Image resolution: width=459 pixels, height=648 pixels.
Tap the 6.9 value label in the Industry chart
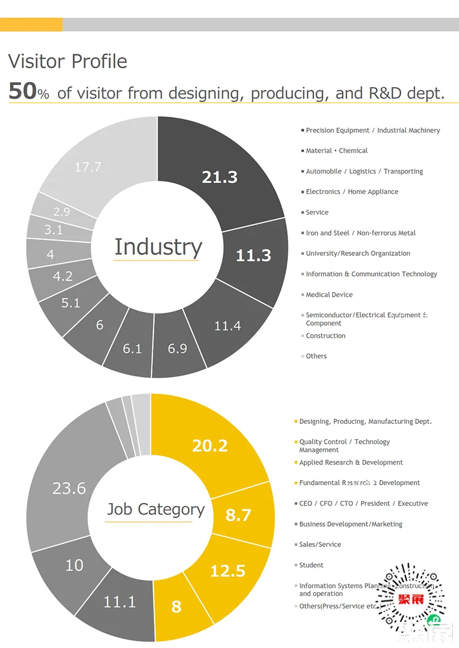click(x=177, y=348)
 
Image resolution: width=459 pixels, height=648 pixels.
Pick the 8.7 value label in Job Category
click(x=239, y=515)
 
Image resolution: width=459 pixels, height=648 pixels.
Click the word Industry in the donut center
click(x=158, y=247)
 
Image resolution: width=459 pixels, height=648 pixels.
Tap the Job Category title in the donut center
click(x=156, y=510)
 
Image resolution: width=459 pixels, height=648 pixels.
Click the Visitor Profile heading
click(x=68, y=61)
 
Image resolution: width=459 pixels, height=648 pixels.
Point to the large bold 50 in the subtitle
click(x=23, y=91)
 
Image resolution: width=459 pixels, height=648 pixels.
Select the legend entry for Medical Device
click(x=329, y=295)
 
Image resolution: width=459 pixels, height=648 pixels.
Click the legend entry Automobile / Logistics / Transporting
click(x=364, y=171)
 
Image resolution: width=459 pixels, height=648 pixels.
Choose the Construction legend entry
click(x=326, y=336)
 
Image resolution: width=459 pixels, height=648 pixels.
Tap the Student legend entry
click(x=311, y=565)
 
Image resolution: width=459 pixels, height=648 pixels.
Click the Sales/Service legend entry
click(x=320, y=545)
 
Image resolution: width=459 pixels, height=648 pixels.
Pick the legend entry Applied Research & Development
click(x=351, y=462)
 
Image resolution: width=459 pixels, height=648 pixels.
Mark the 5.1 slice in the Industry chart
click(x=71, y=303)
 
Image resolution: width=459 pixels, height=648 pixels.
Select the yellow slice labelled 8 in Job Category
click(x=177, y=606)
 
